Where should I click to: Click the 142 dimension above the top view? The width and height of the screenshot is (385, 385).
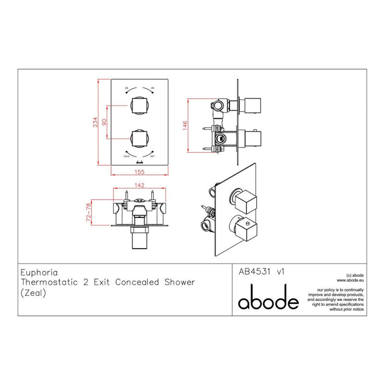pyautogui.click(x=140, y=185)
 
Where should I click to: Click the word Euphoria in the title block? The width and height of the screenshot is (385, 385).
pyautogui.click(x=37, y=271)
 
